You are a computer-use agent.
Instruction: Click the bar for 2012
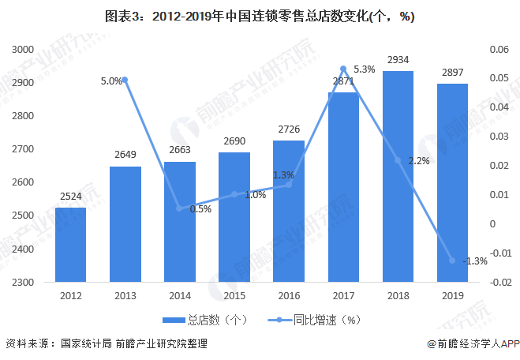pos(70,245)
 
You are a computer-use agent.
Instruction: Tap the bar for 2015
pos(234,217)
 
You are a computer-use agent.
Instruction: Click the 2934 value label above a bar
pos(398,59)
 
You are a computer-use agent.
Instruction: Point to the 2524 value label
pos(70,197)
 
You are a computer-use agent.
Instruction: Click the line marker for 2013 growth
pos(125,80)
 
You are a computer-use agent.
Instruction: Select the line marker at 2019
pos(452,261)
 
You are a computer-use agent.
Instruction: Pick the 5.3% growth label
pos(365,69)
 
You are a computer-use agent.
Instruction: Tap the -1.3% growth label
pos(476,261)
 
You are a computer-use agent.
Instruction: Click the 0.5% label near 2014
pos(200,209)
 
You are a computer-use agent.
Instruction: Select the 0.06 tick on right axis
pos(499,50)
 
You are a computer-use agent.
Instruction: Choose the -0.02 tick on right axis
pos(498,282)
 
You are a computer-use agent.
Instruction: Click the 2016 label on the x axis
pos(289,296)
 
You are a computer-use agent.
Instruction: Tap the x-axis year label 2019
pos(452,296)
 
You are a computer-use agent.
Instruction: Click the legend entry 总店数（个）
pos(206,321)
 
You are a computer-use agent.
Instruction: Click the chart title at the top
pos(260,17)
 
